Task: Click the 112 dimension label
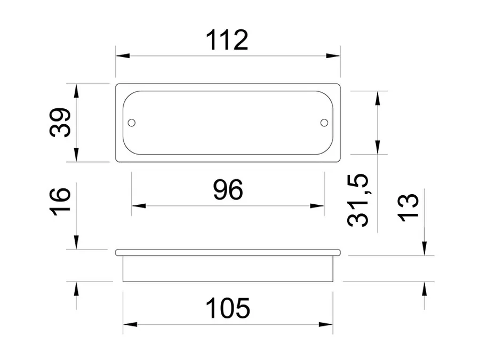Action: click(227, 40)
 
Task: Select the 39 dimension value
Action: click(60, 123)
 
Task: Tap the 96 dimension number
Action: click(228, 190)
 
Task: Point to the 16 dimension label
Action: click(60, 202)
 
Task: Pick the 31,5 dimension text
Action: click(357, 201)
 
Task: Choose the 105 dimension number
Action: click(228, 308)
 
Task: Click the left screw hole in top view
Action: click(132, 123)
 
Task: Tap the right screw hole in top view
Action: click(324, 123)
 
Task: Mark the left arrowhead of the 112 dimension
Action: click(123, 55)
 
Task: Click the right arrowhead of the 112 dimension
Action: click(333, 55)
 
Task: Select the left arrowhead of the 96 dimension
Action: click(139, 206)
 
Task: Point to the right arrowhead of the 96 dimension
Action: click(317, 206)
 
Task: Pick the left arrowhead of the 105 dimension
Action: click(130, 324)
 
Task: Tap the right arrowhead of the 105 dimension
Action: click(326, 324)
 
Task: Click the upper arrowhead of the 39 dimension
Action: click(76, 91)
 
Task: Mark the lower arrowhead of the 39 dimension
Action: click(76, 155)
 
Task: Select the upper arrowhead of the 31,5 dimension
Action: click(378, 98)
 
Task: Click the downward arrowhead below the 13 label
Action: click(425, 248)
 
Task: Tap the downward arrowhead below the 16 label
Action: click(76, 242)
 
